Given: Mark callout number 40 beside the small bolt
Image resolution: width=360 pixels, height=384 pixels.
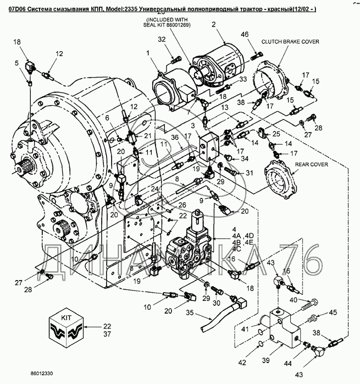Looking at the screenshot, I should point(293,299).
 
